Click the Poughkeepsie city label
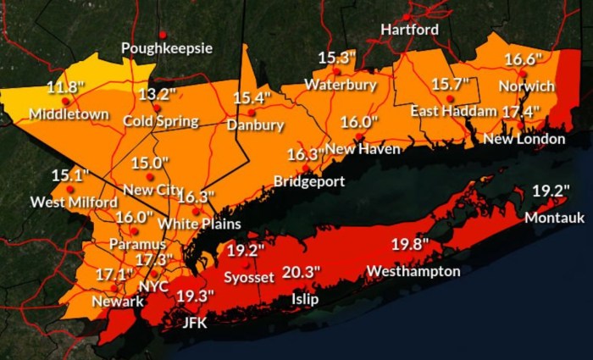[x=167, y=48]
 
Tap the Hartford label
[x=409, y=30]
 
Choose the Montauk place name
[x=554, y=218]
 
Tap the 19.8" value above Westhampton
[x=410, y=245]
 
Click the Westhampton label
[x=413, y=271]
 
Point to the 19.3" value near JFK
[x=195, y=296]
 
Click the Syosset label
[x=249, y=277]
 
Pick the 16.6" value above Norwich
[x=523, y=59]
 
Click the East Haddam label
[x=453, y=112]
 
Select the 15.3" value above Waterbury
[x=337, y=58]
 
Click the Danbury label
[x=255, y=125]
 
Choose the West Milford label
[x=63, y=202]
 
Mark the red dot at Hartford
[x=407, y=17]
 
